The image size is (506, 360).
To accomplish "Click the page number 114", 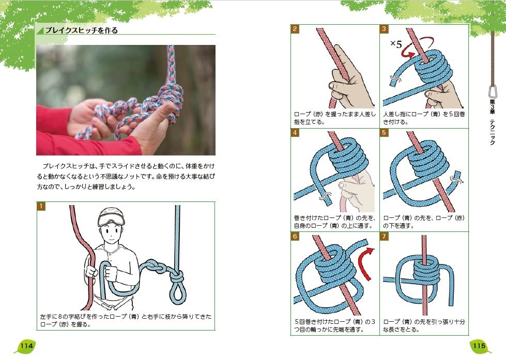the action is point(27,346).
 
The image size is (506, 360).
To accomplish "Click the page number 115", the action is point(479,346).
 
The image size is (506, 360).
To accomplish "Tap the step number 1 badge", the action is point(41,206).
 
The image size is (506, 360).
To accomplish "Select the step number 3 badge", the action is point(384,29).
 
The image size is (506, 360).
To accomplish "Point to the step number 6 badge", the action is point(295,237).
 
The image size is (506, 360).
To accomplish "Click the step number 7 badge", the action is point(384,237).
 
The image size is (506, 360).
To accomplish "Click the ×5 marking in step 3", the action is point(396,43).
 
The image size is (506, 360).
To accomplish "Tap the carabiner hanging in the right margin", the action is point(493,91).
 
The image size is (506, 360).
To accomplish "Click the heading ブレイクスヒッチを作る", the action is point(81,30).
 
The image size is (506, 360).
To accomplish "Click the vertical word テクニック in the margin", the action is point(493,132).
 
